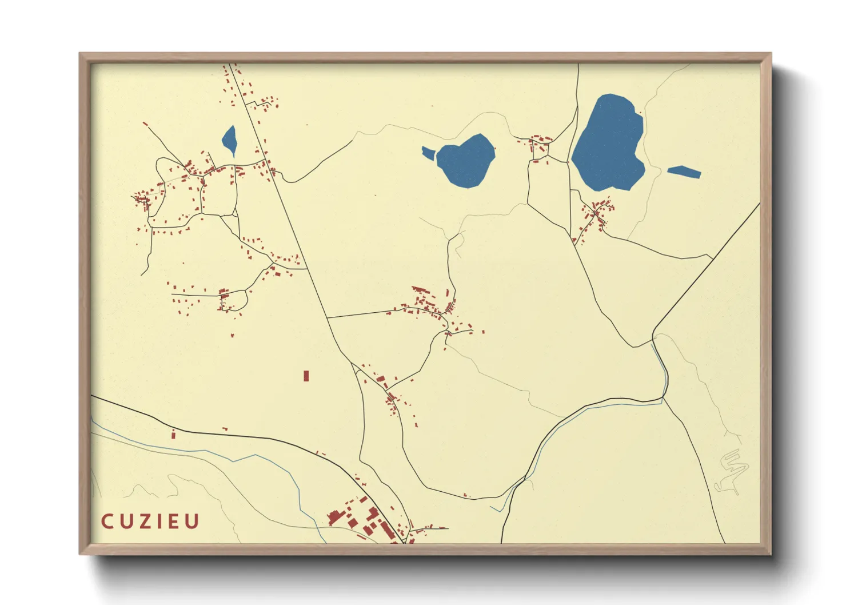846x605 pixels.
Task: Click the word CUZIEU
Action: coord(150,522)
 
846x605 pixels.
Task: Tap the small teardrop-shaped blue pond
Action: coord(230,140)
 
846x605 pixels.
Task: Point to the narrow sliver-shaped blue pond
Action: coord(684,172)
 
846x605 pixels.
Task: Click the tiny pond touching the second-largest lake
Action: coord(428,152)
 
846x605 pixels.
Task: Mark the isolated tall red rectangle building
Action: coord(306,376)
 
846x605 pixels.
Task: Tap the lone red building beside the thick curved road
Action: coord(173,435)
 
